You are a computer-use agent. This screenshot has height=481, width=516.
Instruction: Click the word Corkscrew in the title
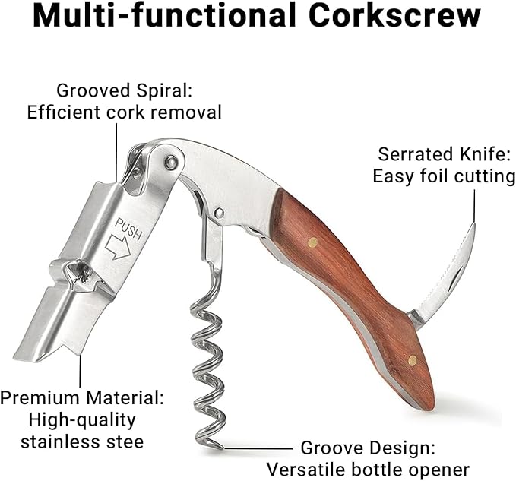[x=394, y=16]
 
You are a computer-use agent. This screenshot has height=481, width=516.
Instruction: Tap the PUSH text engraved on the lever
[x=128, y=229]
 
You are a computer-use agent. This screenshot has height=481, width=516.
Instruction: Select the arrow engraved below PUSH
[x=118, y=247]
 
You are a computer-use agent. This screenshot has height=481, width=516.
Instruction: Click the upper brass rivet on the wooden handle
[x=312, y=242]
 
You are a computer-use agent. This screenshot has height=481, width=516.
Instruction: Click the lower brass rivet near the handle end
[x=413, y=360]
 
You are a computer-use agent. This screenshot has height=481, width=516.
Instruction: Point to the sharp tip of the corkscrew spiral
[x=223, y=448]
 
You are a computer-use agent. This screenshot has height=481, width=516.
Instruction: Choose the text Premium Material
[x=82, y=397]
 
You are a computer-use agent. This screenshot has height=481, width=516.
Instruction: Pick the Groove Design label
[x=368, y=448]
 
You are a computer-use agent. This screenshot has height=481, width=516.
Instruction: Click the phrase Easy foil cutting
[x=444, y=176]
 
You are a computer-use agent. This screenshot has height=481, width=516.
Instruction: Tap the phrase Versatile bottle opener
[x=368, y=470]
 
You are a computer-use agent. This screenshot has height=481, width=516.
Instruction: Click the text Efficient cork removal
[x=124, y=112]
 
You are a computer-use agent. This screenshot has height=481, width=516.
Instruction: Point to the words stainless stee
[x=82, y=441]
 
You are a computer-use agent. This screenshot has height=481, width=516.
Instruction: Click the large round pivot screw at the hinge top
[x=171, y=162]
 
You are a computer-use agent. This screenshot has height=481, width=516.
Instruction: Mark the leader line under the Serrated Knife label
[x=474, y=206]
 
